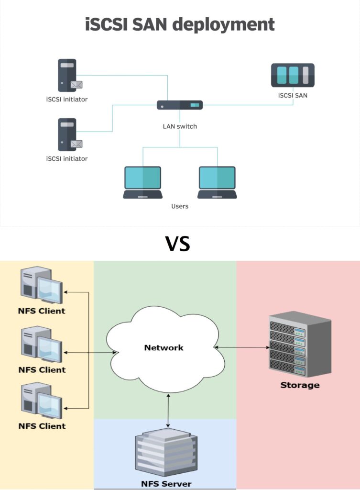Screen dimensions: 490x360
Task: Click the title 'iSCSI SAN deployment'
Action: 180,24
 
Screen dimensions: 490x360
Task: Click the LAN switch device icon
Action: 180,105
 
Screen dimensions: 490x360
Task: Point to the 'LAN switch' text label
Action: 180,126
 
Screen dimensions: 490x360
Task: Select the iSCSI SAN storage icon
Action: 293,75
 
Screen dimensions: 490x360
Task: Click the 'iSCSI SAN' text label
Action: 293,95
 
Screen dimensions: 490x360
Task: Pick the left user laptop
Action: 142,182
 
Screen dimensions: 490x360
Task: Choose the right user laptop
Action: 217,182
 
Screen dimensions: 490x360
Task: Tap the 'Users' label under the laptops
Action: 180,206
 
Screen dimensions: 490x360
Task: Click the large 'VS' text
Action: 178,244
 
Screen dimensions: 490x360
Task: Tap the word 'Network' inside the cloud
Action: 164,347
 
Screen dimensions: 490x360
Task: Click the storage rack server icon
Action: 299,345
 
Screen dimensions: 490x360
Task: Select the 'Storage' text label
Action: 300,385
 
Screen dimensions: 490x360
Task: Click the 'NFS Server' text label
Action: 166,483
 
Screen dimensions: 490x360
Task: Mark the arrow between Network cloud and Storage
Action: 241,347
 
